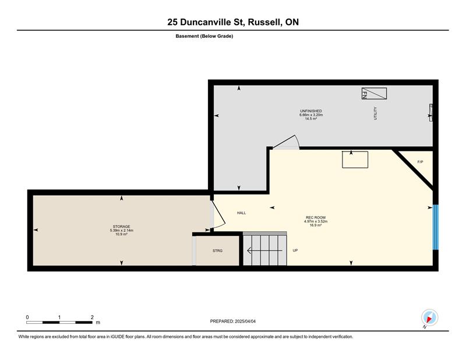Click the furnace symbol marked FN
pyautogui.click(x=374, y=93)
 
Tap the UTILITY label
pyautogui.click(x=375, y=113)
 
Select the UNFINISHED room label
pyautogui.click(x=311, y=111)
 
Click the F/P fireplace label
pyautogui.click(x=420, y=162)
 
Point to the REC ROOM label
pyautogui.click(x=316, y=217)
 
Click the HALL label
pyautogui.click(x=241, y=213)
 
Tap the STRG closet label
pyautogui.click(x=217, y=251)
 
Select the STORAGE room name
pyautogui.click(x=121, y=227)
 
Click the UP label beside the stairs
pyautogui.click(x=295, y=250)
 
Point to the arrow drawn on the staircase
pyautogui.click(x=264, y=250)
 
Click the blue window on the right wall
pyautogui.click(x=435, y=227)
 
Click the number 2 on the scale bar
pyautogui.click(x=92, y=317)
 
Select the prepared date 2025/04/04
pyautogui.click(x=245, y=322)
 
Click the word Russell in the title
pyautogui.click(x=265, y=22)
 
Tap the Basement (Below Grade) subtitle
pyautogui.click(x=204, y=36)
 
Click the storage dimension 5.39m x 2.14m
pyautogui.click(x=121, y=230)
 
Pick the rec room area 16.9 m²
pyautogui.click(x=316, y=225)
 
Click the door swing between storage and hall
pyautogui.click(x=218, y=214)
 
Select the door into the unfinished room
pyautogui.click(x=286, y=142)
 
